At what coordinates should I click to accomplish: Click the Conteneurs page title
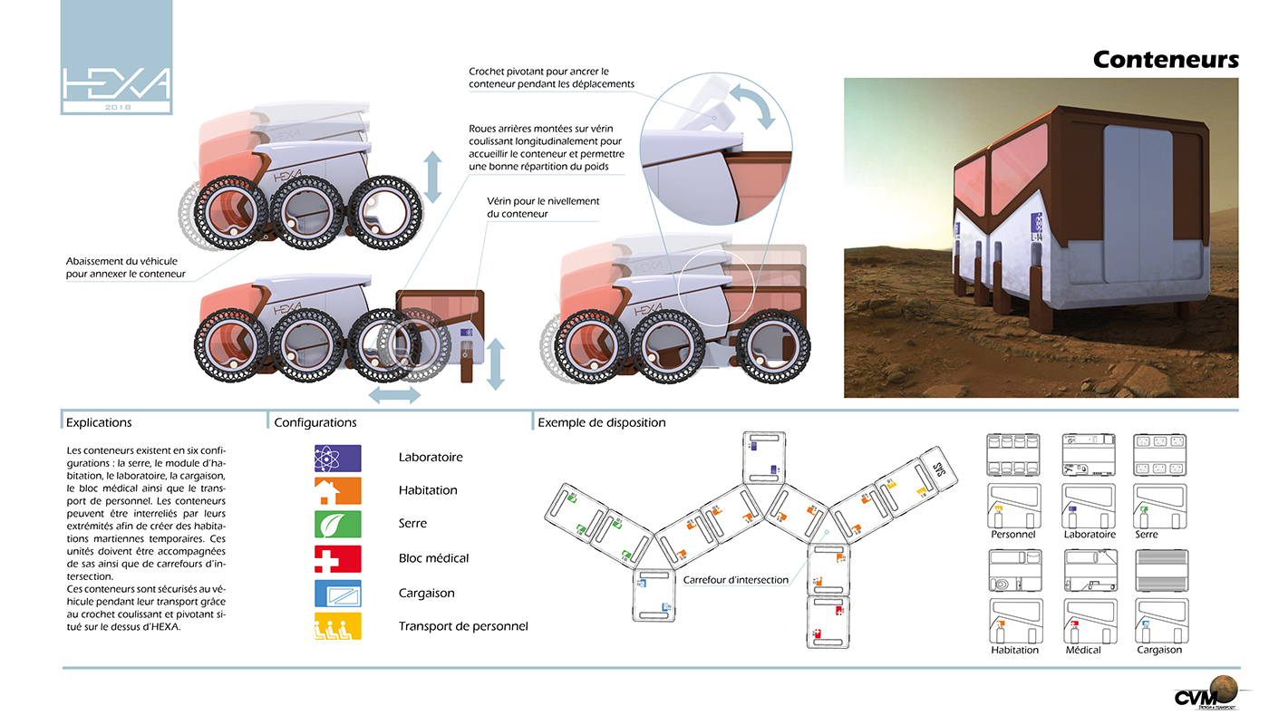click(x=1165, y=60)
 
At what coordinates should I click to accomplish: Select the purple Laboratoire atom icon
click(x=337, y=458)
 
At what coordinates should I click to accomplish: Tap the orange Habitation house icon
click(x=337, y=491)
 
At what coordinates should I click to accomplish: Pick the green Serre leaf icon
click(x=337, y=524)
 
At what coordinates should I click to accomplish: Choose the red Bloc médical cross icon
click(x=337, y=558)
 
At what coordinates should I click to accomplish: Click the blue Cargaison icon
click(x=337, y=594)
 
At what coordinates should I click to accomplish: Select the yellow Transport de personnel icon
click(x=337, y=626)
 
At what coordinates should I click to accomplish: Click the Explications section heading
click(x=99, y=422)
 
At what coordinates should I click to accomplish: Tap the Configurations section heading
click(x=315, y=422)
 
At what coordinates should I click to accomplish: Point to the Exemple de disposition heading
click(x=601, y=422)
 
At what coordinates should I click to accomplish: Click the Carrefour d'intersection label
click(x=735, y=579)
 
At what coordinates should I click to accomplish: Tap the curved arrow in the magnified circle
click(x=751, y=104)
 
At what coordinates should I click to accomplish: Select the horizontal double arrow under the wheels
click(x=393, y=395)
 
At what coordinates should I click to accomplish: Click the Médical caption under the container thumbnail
click(x=1083, y=650)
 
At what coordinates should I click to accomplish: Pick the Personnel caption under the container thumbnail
click(x=1013, y=535)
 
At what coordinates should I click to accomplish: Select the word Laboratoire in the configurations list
click(x=431, y=458)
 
